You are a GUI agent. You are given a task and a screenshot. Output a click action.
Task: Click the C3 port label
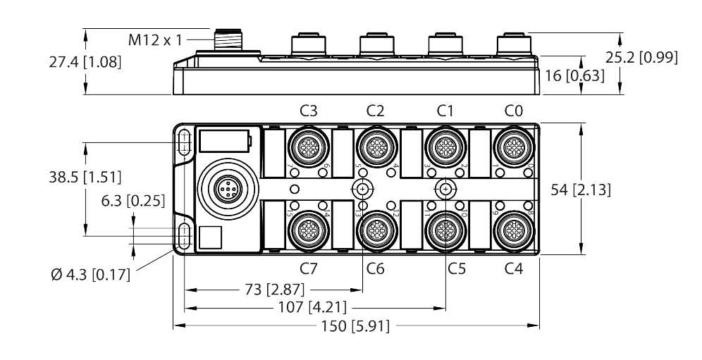pyautogui.click(x=308, y=110)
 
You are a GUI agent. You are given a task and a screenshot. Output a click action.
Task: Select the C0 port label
pyautogui.click(x=514, y=110)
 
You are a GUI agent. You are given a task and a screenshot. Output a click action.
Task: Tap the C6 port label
pyautogui.click(x=376, y=268)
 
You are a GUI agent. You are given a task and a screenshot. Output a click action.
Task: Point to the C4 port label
pyautogui.click(x=514, y=268)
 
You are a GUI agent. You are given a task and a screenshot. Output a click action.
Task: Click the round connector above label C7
pyautogui.click(x=308, y=228)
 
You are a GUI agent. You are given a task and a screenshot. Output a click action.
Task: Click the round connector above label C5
pyautogui.click(x=445, y=228)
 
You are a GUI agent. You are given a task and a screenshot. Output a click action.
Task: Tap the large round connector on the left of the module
pyautogui.click(x=225, y=189)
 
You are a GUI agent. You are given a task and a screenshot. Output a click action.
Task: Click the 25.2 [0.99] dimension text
pyautogui.click(x=641, y=58)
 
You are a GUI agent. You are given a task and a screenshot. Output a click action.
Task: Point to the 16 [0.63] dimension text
pyautogui.click(x=575, y=75)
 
